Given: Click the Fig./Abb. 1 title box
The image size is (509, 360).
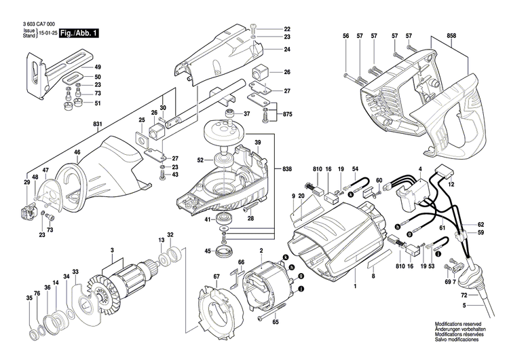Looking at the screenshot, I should [79, 33].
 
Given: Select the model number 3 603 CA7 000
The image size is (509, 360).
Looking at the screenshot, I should [38, 24].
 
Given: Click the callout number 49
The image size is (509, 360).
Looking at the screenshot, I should [98, 67].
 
